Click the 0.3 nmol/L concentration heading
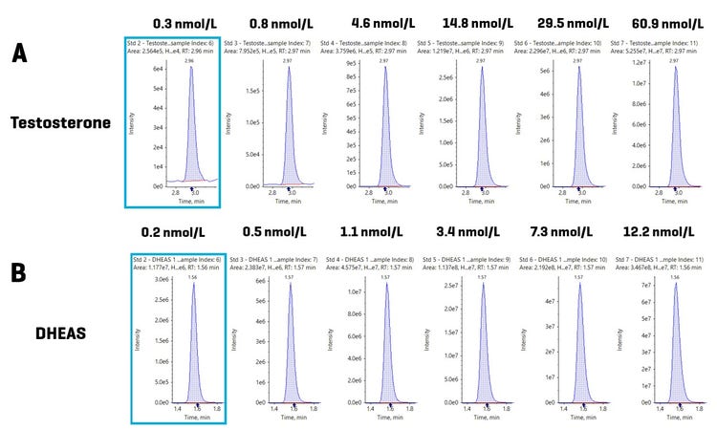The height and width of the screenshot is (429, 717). (175, 21)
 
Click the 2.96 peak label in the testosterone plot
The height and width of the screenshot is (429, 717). (191, 60)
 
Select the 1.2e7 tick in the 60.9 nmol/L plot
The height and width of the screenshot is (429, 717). (640, 61)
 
